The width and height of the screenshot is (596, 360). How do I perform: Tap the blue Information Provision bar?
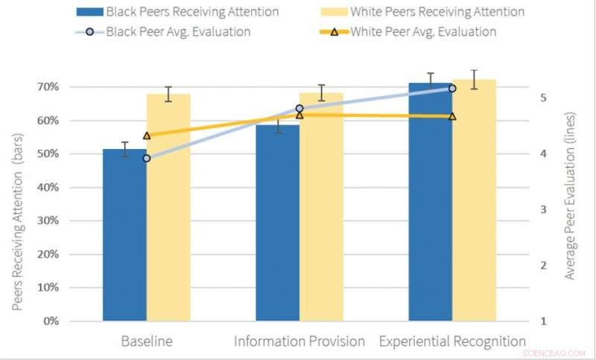(278, 223)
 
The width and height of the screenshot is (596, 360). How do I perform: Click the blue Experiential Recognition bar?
(431, 202)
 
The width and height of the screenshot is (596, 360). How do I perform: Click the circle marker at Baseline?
(147, 158)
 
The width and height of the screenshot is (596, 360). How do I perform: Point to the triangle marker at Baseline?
(147, 136)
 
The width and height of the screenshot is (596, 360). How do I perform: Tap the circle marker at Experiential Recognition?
(452, 88)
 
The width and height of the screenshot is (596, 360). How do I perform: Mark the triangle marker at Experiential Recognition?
(452, 116)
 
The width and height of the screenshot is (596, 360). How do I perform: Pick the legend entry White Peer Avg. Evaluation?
(414, 31)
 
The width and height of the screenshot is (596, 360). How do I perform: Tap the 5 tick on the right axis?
(544, 98)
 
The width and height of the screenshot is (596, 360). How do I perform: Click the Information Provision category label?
(299, 341)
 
